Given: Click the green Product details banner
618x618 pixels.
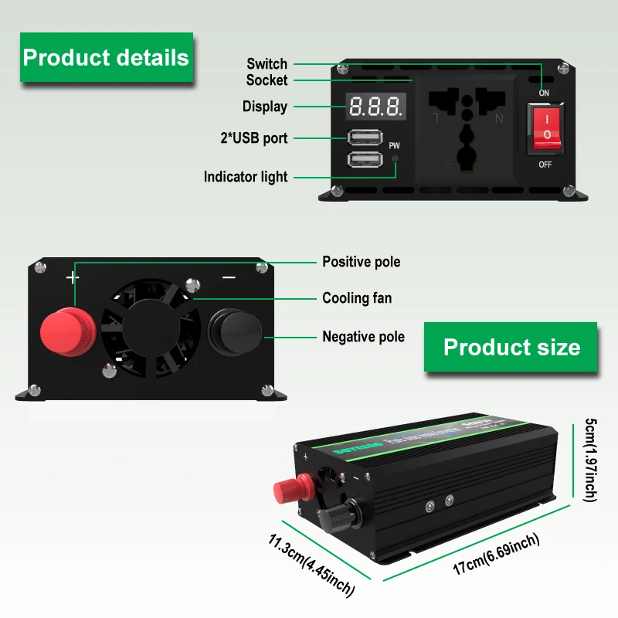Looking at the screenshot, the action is [x=106, y=57].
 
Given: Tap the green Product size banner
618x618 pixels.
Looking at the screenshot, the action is [x=511, y=347].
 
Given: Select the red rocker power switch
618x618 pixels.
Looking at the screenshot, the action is [x=547, y=127].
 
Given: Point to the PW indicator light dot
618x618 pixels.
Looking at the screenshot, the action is [x=395, y=159].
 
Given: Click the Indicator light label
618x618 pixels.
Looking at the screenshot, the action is [x=246, y=177].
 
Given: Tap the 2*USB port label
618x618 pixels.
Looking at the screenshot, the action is [x=253, y=138].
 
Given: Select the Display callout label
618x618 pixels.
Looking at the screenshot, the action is [x=265, y=107].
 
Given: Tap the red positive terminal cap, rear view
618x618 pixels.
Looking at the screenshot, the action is [x=67, y=333].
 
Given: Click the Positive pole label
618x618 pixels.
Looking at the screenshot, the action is [x=362, y=262].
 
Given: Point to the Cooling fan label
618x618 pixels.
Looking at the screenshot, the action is [x=357, y=298].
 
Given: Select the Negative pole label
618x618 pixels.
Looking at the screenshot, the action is [x=363, y=336].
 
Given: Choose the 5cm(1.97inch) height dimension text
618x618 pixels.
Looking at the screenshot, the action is [x=591, y=460].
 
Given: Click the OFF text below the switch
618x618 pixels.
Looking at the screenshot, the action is [x=545, y=165].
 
